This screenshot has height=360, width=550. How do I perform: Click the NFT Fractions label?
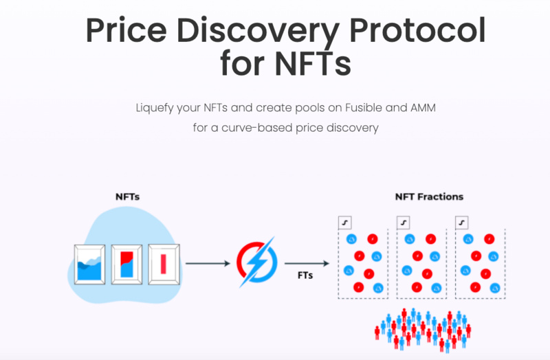click(x=429, y=196)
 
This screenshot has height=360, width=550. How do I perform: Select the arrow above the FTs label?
click(x=305, y=262)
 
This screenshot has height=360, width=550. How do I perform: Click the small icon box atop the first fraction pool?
click(x=346, y=223)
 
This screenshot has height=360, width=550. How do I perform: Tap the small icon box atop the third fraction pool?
click(x=463, y=223)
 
